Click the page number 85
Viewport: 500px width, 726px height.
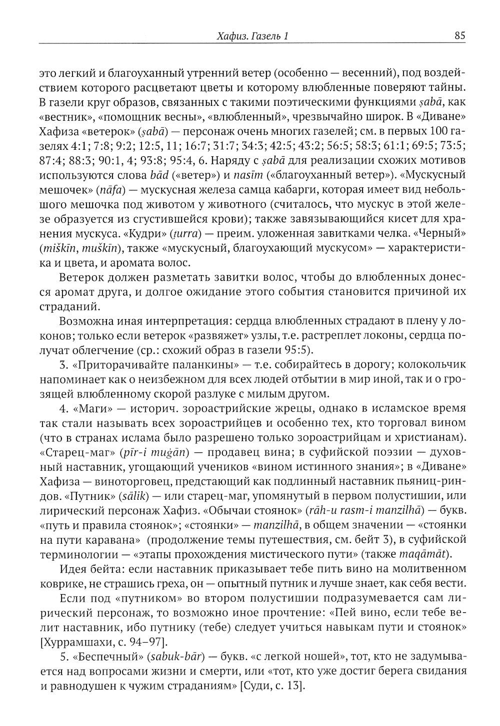point(460,35)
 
